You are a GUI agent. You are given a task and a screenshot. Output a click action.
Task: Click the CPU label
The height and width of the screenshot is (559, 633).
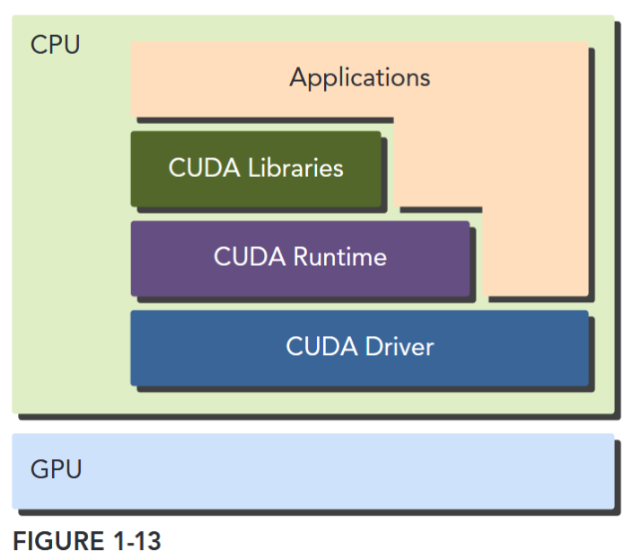pos(55,44)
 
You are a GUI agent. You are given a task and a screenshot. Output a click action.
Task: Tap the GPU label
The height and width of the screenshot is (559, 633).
pos(56,469)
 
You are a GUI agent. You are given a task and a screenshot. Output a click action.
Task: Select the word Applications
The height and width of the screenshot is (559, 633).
pos(359,77)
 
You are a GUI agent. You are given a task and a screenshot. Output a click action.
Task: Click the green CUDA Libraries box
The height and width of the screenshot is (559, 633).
pos(256,168)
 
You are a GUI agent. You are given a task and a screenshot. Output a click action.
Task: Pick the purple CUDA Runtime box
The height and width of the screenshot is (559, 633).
pos(300,258)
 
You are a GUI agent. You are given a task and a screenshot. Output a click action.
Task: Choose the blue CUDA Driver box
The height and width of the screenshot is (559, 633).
pos(359,347)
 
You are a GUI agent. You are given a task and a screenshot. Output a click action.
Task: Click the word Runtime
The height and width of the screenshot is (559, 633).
pos(339,258)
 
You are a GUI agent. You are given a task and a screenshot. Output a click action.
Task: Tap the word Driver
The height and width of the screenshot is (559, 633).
pos(399,347)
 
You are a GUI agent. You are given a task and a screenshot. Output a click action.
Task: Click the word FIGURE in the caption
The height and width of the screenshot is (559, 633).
pos(54,542)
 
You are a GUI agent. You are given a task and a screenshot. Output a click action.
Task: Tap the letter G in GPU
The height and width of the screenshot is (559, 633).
pos(39,469)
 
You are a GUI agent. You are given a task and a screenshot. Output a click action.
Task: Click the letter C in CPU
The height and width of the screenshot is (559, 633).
pos(38,44)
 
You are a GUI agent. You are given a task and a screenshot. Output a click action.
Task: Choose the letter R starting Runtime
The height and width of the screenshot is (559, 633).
pos(301,258)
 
